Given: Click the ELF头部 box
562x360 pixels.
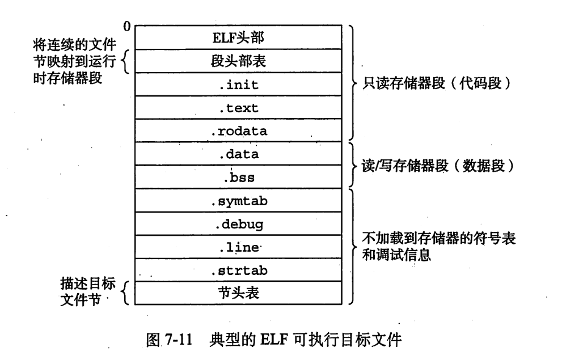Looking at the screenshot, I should point(239,38).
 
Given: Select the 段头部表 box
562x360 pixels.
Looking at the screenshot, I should point(239,61).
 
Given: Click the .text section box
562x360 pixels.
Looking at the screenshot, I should point(239,107).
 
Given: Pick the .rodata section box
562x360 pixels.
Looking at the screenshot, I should point(239,130).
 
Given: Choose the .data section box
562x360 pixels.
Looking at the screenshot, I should point(239,154).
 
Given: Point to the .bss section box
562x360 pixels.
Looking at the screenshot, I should point(239,177).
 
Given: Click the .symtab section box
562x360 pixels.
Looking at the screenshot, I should point(239,200).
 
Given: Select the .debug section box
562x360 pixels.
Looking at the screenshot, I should point(239,223).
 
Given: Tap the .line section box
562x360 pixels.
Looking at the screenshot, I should point(239,247).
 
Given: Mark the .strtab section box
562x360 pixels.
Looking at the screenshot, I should point(239,270).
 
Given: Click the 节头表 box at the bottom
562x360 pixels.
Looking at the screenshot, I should point(239,293).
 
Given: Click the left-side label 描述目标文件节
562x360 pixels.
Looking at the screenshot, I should point(83,290).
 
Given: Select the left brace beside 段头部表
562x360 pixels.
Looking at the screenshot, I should point(126,61).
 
